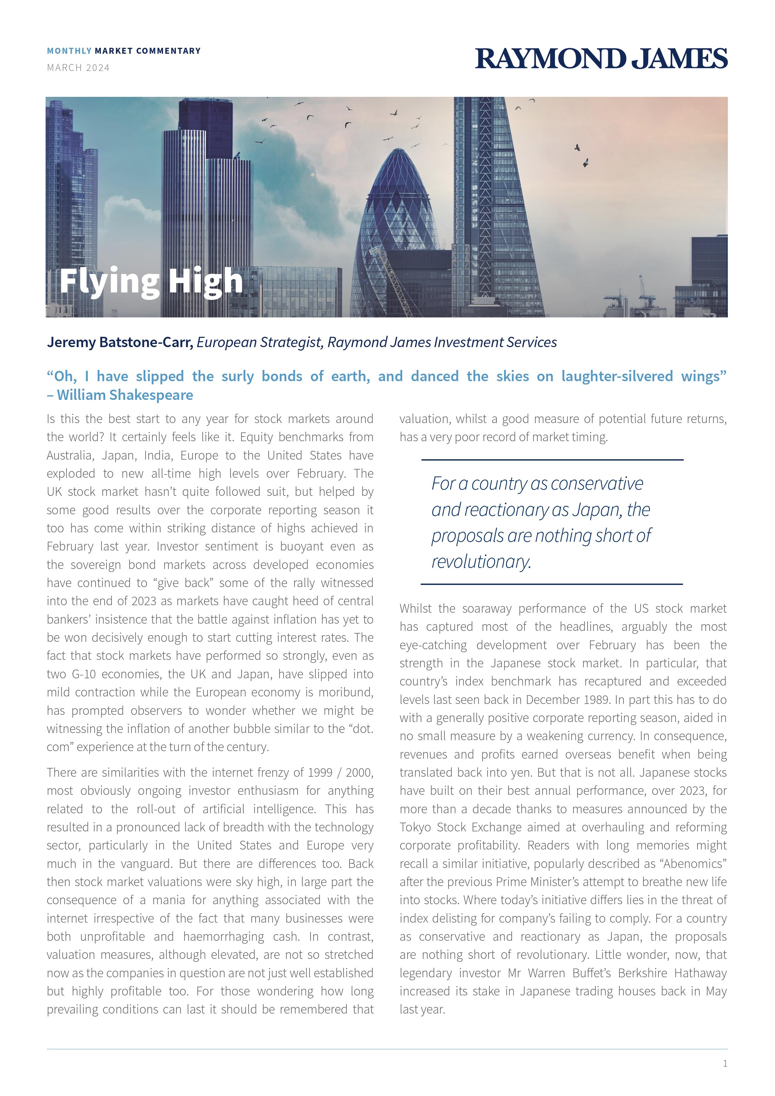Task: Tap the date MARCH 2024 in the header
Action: click(78, 68)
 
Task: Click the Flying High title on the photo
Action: click(151, 281)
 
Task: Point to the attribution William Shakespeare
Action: click(125, 395)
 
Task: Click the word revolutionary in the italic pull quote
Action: click(481, 561)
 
